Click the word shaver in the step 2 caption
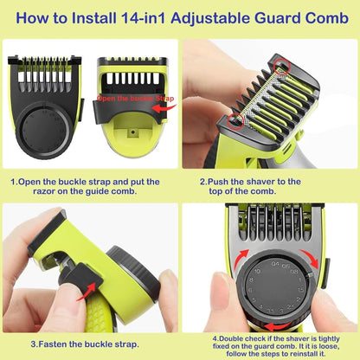click(x=267, y=183)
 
